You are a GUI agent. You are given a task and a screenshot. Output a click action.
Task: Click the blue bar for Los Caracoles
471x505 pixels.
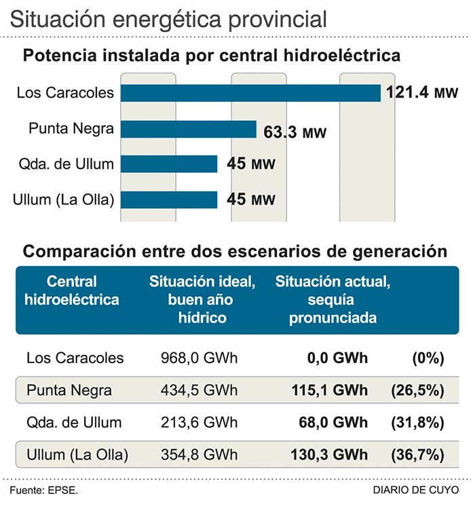[250, 93]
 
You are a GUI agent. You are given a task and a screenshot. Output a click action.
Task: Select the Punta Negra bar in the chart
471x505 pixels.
[189, 130]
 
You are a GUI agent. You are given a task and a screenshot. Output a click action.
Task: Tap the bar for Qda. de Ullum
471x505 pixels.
[169, 164]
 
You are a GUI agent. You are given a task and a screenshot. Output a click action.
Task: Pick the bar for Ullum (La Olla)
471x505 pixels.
[169, 200]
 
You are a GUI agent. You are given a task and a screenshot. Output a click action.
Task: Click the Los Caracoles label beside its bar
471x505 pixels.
[66, 93]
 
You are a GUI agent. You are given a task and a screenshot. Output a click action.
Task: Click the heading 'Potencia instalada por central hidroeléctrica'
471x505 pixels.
[212, 56]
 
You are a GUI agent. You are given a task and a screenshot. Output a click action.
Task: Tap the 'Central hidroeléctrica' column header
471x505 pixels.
[71, 290]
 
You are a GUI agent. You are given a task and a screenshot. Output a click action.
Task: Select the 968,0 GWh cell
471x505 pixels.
[200, 358]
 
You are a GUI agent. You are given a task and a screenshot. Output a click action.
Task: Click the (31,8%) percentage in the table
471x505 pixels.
[417, 422]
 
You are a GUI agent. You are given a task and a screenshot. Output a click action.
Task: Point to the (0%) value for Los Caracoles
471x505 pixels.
[427, 358]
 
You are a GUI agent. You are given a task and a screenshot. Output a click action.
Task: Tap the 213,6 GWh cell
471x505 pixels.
[200, 422]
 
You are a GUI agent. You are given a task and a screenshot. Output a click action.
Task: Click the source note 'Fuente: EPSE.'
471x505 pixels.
[43, 490]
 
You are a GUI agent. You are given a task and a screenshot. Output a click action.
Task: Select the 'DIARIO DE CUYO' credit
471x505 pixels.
[421, 490]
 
